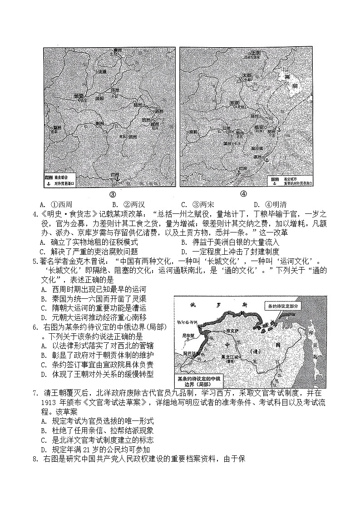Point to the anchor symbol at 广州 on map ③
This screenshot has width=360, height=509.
click(x=117, y=178)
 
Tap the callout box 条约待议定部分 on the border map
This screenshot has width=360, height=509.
click(x=281, y=306)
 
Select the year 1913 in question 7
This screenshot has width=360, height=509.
click(x=48, y=403)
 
